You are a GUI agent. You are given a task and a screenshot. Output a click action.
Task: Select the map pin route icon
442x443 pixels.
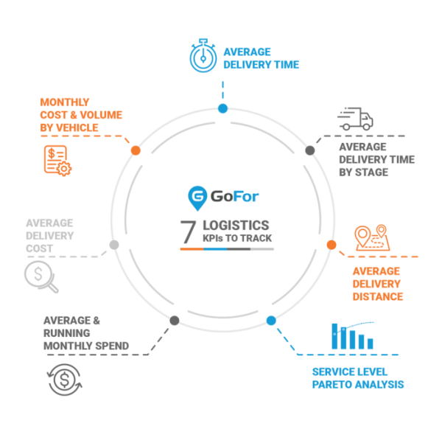click(371, 239)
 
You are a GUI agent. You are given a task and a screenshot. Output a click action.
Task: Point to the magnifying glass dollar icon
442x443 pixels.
click(39, 278)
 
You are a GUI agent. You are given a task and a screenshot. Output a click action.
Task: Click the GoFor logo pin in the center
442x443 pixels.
click(197, 197)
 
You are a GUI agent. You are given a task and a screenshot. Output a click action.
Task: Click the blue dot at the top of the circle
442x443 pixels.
click(222, 109)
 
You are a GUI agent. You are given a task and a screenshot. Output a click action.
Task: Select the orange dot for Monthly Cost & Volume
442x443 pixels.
click(136, 150)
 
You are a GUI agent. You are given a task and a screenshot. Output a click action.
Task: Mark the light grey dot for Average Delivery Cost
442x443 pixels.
click(113, 245)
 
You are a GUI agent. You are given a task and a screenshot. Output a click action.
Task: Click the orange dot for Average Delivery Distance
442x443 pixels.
click(331, 245)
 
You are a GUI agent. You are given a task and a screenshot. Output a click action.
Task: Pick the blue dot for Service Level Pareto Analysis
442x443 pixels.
click(271, 321)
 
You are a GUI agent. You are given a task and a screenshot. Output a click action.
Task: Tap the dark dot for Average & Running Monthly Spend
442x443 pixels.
click(175, 321)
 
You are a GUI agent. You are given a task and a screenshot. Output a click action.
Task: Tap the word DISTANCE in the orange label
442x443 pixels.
click(378, 296)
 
